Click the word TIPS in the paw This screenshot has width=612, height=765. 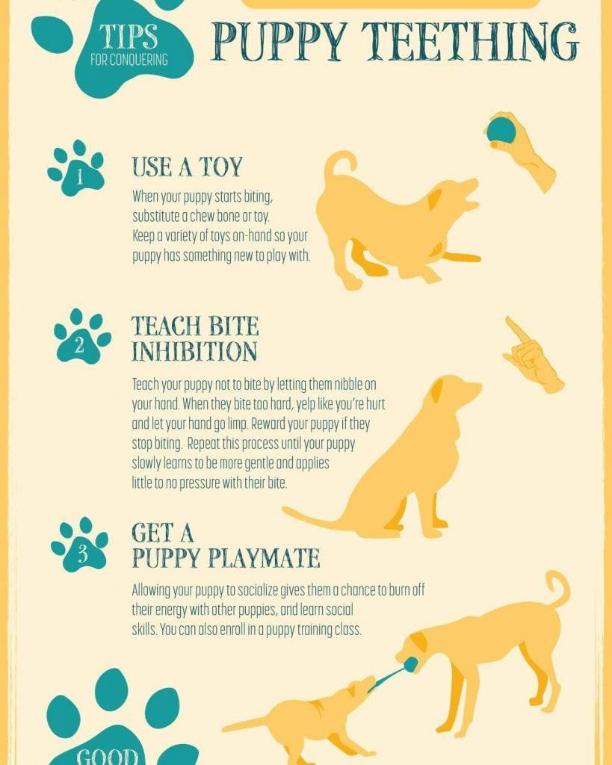coord(129,36)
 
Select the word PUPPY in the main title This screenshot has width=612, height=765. coord(279,42)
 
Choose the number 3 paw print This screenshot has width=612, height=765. coord(79,544)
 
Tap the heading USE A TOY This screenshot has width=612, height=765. coord(187,167)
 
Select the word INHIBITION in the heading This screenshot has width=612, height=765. coord(194,351)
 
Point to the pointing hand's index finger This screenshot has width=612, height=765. coord(517,330)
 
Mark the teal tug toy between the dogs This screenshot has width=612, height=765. coord(392,673)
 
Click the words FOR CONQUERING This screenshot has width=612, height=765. coord(129,60)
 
